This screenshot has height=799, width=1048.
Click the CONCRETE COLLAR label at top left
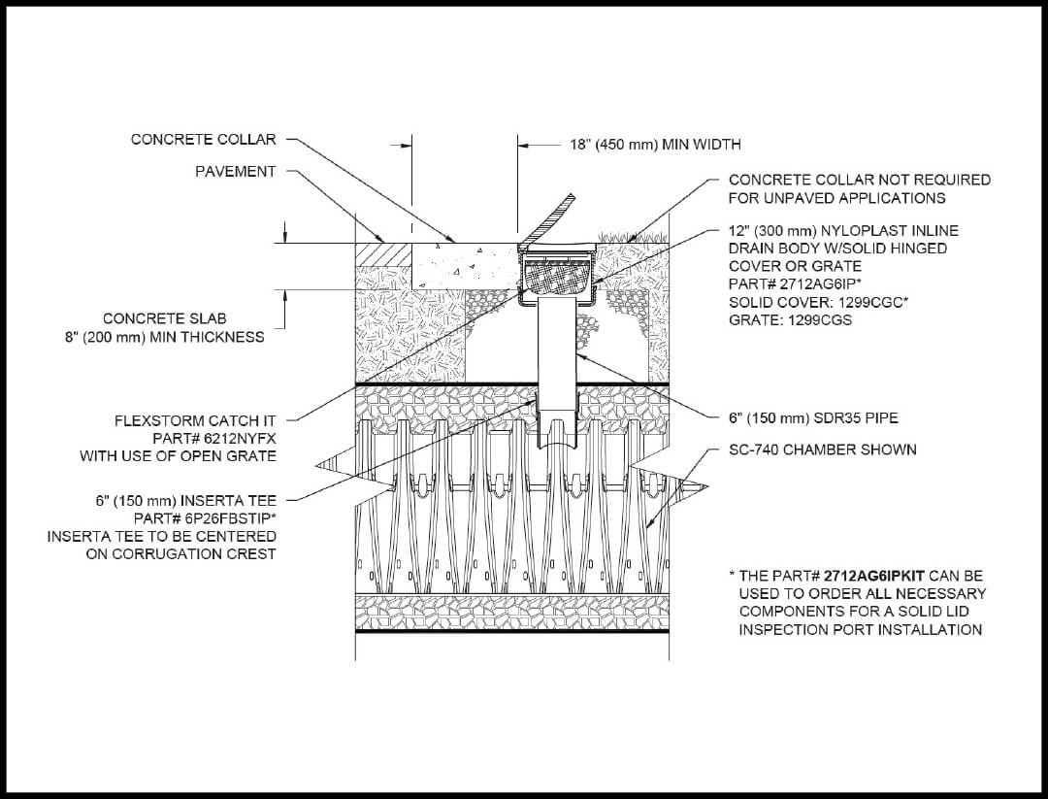coord(203,140)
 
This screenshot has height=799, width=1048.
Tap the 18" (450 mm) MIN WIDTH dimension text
coord(655,145)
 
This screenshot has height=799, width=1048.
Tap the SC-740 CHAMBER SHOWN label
coord(822,450)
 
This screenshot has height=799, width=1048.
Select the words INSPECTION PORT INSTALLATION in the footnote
coord(860,629)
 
